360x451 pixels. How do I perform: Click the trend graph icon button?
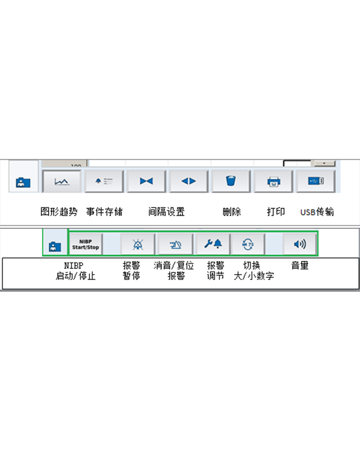[62, 181]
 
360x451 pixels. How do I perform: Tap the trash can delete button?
[230, 181]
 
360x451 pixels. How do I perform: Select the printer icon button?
[273, 181]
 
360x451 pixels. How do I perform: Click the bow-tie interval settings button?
[146, 181]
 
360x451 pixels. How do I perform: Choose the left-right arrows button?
[188, 181]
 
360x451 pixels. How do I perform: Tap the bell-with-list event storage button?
[104, 181]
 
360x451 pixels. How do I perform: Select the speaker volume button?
[299, 244]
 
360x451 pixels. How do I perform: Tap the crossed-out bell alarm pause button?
[138, 244]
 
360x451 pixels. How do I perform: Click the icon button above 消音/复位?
[175, 244]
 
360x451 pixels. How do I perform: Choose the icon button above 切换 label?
[248, 244]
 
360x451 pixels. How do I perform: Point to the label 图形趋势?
[59, 212]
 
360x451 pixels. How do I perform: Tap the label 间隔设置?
[166, 212]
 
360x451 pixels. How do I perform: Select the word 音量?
[299, 265]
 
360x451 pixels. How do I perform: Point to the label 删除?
[231, 212]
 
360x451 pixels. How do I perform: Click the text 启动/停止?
[75, 276]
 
